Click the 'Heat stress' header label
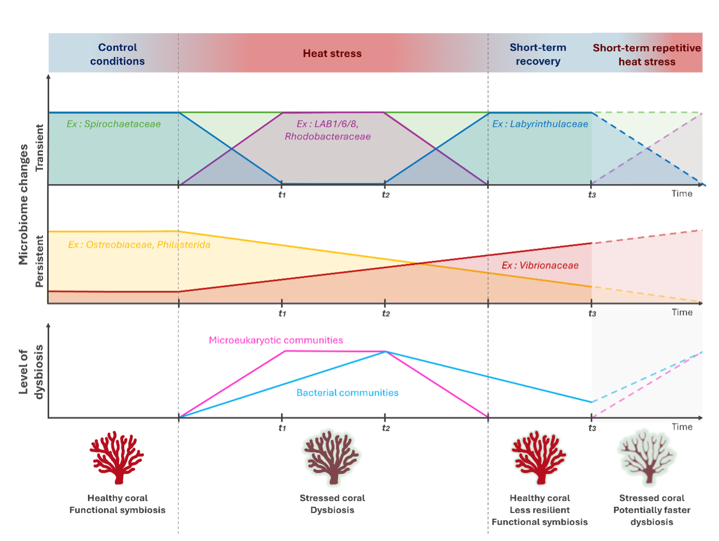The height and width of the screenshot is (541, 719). [x=332, y=53]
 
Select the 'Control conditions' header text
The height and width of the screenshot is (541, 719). [x=117, y=54]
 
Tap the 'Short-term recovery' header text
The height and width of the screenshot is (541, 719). [x=538, y=54]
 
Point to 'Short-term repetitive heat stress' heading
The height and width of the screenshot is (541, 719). [x=647, y=55]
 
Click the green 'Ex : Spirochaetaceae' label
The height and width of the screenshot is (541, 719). [x=114, y=124]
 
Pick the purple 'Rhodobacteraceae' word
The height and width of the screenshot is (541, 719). [x=327, y=136]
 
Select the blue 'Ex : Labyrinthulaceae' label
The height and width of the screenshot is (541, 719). [x=540, y=124]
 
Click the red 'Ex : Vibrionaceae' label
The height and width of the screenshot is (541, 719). [x=540, y=265]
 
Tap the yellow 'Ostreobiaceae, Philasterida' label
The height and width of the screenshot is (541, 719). [x=148, y=245]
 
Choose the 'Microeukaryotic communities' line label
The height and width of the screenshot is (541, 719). [x=276, y=340]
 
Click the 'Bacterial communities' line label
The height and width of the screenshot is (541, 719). [x=348, y=392]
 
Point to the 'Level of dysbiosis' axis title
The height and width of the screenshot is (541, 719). [x=31, y=372]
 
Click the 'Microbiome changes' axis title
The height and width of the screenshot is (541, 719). [x=23, y=204]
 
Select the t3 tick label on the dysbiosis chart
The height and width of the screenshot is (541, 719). [x=592, y=428]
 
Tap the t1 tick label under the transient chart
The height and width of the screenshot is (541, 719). [x=282, y=195]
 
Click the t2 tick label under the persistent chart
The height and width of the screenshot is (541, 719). [x=386, y=314]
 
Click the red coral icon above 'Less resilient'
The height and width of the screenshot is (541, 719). [x=539, y=458]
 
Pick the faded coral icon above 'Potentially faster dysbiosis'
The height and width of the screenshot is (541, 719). [x=646, y=458]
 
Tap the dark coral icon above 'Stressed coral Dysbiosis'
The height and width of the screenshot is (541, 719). [x=332, y=458]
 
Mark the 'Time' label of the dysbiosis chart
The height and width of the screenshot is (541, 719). [x=682, y=427]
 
